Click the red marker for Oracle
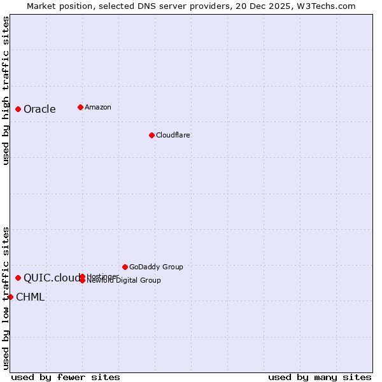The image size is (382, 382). [18, 109]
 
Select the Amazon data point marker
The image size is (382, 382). [80, 107]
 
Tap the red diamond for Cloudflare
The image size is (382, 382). [152, 135]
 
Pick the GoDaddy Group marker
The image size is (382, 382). [125, 267]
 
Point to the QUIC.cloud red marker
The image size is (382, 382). [18, 278]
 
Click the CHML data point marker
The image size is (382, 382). [10, 297]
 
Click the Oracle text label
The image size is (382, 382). [39, 110]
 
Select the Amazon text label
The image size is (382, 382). [97, 107]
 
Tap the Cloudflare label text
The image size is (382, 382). [173, 135]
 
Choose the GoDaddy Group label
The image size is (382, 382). [156, 267]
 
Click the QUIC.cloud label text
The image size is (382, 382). [52, 278]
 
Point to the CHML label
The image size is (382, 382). [30, 297]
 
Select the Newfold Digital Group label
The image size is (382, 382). [124, 281]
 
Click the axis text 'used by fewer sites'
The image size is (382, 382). [66, 377]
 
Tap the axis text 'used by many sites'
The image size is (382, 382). [320, 377]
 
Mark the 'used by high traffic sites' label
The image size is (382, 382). [6, 90]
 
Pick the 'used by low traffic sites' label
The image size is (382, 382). [6, 297]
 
